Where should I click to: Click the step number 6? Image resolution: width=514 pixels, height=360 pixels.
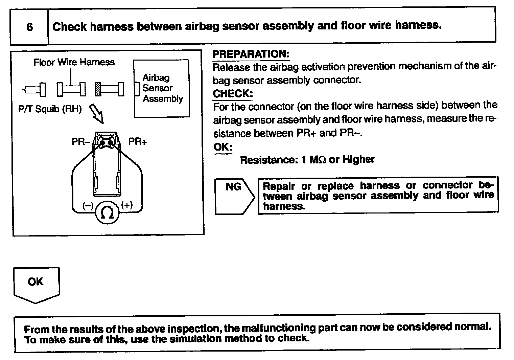click(x=29, y=27)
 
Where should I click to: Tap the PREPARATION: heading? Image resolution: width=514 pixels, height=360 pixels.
click(x=251, y=54)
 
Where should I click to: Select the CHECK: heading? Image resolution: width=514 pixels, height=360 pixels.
click(x=233, y=94)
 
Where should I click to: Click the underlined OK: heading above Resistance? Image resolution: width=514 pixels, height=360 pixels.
click(x=223, y=147)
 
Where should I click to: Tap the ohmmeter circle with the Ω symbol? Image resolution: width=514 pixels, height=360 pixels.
click(x=108, y=212)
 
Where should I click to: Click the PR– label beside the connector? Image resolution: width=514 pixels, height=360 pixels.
click(x=81, y=142)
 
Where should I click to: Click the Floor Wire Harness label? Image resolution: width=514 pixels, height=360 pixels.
click(x=74, y=62)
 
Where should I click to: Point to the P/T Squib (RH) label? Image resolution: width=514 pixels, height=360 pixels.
click(x=50, y=109)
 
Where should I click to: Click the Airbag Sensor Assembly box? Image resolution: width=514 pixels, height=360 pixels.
click(x=162, y=88)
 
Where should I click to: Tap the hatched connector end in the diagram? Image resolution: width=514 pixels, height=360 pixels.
click(x=98, y=89)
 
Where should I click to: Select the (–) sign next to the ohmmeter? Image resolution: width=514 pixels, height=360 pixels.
click(x=88, y=205)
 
